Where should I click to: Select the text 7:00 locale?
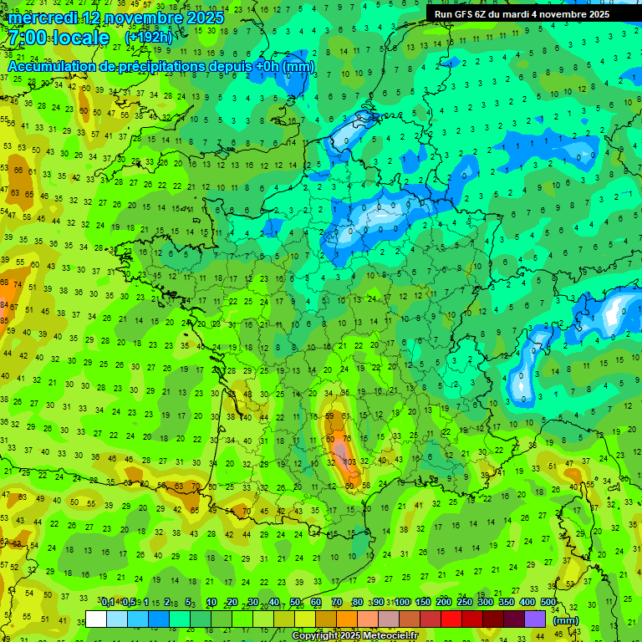click(x=59, y=38)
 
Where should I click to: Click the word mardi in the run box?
click(x=543, y=14)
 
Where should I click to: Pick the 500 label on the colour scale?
click(x=548, y=602)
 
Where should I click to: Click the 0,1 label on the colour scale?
click(x=109, y=602)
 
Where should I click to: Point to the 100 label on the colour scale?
click(x=402, y=602)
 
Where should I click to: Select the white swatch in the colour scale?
click(x=96, y=619)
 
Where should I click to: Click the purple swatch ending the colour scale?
click(x=535, y=619)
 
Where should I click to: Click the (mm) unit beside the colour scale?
click(x=566, y=620)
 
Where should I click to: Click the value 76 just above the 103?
click(x=346, y=439)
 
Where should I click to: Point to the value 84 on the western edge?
click(x=4, y=306)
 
